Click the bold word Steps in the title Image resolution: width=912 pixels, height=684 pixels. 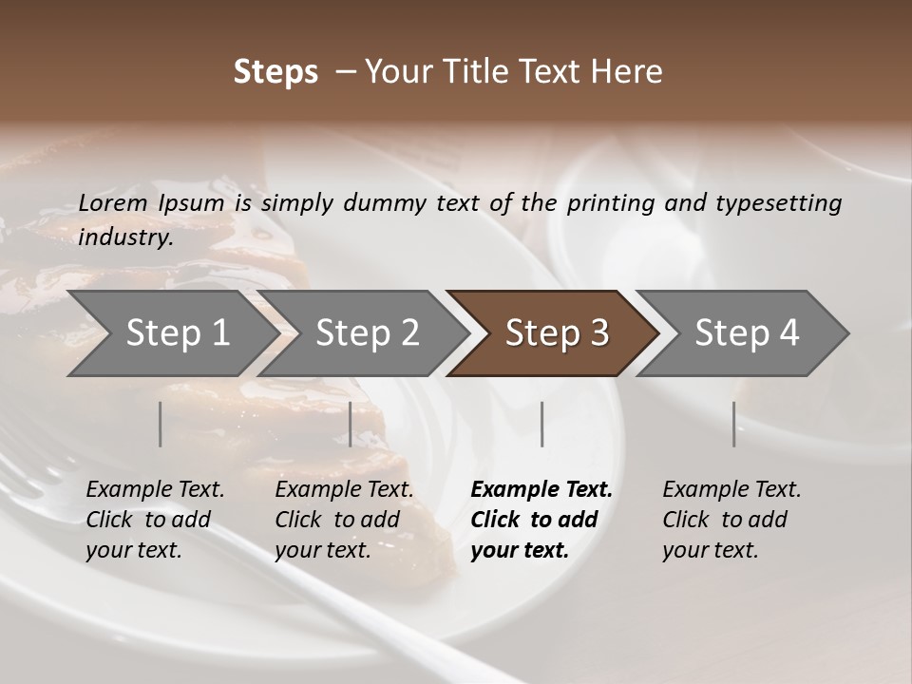point(275,72)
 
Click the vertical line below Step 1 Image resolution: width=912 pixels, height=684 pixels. point(161,424)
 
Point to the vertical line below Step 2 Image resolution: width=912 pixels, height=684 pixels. point(351,424)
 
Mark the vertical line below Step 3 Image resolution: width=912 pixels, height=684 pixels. point(541,424)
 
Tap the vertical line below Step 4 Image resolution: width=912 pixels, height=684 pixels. point(733,424)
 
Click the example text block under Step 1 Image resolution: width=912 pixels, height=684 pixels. point(155,520)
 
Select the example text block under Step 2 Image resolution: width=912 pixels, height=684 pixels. point(344,520)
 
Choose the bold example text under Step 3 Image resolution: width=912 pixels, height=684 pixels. point(541,520)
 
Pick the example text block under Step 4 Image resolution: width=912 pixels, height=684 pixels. point(731,520)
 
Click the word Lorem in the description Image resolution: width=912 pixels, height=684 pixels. point(113,202)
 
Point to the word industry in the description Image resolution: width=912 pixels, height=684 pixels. point(125,237)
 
